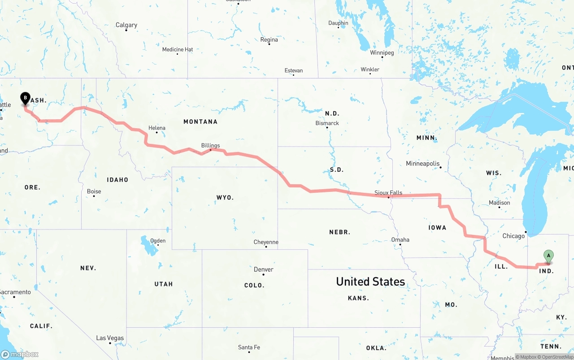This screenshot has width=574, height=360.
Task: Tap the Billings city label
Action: click(x=210, y=145)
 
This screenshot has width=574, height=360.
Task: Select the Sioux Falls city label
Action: click(x=388, y=193)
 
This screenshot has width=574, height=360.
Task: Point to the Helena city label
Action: click(x=157, y=128)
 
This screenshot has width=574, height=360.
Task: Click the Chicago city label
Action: click(x=513, y=236)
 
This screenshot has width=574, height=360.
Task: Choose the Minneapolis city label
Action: click(x=423, y=164)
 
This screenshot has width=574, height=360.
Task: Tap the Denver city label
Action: click(x=263, y=269)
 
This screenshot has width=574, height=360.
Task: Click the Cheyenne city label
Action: click(x=266, y=242)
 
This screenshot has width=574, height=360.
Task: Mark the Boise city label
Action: click(x=94, y=191)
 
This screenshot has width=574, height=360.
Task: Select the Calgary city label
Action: click(x=126, y=25)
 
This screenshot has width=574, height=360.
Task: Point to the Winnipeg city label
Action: click(x=382, y=53)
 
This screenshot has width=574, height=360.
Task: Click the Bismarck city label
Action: click(x=327, y=123)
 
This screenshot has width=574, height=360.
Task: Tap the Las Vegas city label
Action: click(x=110, y=338)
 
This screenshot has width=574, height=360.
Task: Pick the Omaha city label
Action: click(x=400, y=240)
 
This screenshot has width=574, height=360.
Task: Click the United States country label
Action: click(x=370, y=282)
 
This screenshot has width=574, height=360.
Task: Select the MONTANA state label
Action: click(x=200, y=121)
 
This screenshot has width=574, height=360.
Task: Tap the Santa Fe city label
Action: click(x=249, y=347)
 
